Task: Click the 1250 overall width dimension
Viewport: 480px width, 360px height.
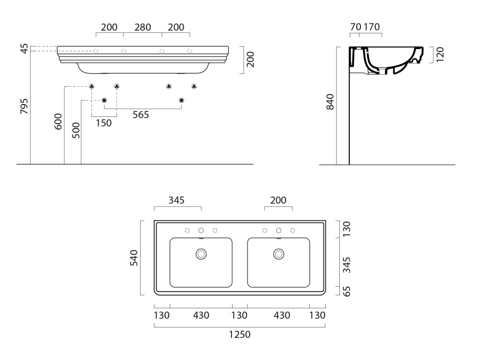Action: [x=240, y=335]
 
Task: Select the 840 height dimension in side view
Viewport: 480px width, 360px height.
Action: [x=330, y=102]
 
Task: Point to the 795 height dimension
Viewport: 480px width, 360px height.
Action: [x=24, y=106]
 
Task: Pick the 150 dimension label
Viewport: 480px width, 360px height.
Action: [x=104, y=123]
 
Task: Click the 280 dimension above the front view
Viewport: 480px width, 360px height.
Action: [x=142, y=27]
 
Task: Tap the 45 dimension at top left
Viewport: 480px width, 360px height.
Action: [x=24, y=48]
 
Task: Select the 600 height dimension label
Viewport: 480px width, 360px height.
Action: [x=58, y=122]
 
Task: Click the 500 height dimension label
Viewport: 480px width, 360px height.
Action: [x=76, y=130]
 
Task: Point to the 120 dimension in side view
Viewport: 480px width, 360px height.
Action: [x=439, y=54]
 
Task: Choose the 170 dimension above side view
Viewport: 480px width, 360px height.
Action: [x=371, y=27]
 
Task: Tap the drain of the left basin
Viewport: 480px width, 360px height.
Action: [x=201, y=254]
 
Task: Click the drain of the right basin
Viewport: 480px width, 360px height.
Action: [x=278, y=254]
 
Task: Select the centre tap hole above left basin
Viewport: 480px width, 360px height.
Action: [x=201, y=230]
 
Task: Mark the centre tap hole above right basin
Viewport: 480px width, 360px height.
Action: [x=278, y=230]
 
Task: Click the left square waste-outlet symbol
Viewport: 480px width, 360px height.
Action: [x=104, y=100]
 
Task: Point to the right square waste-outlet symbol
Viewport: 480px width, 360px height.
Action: [x=181, y=100]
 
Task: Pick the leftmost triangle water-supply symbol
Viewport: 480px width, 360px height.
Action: [x=92, y=86]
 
